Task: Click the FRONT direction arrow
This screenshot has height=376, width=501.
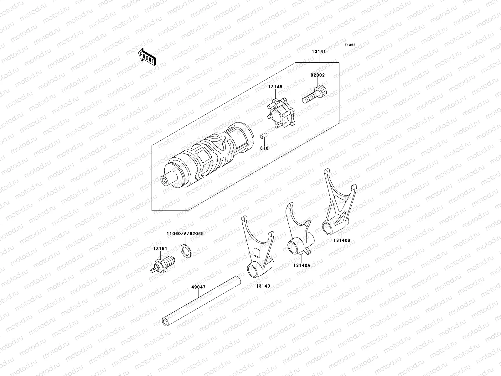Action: pyautogui.click(x=147, y=57)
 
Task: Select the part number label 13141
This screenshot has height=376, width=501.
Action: pyautogui.click(x=319, y=52)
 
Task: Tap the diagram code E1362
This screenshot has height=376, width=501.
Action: pyautogui.click(x=350, y=45)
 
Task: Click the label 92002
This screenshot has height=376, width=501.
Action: pyautogui.click(x=318, y=75)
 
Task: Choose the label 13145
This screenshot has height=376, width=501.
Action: pyautogui.click(x=275, y=87)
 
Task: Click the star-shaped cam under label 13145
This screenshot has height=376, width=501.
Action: pyautogui.click(x=281, y=113)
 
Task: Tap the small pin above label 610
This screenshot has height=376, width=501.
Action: pyautogui.click(x=264, y=136)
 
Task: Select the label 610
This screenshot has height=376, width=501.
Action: pyautogui.click(x=264, y=148)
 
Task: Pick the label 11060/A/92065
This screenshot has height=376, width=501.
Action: pyautogui.click(x=185, y=233)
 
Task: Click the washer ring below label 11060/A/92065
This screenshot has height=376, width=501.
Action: pyautogui.click(x=186, y=251)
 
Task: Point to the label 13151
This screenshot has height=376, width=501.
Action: pyautogui.click(x=160, y=249)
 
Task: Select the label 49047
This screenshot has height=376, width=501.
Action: pyautogui.click(x=198, y=287)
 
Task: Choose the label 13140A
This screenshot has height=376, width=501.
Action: pyautogui.click(x=302, y=265)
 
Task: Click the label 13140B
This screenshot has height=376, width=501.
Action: pyautogui.click(x=342, y=240)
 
